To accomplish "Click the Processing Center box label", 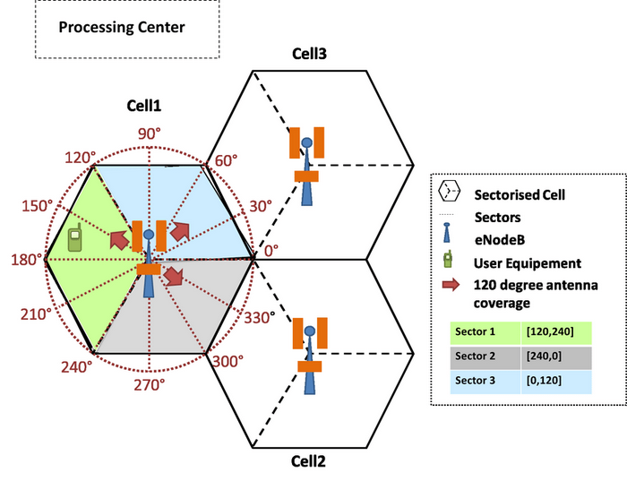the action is pos(122,27).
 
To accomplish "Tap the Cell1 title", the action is pos(143,106).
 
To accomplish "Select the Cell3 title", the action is pos(309,54).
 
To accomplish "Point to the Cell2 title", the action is pos(308,461).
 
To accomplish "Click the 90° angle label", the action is pos(150,133).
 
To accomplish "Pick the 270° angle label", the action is pos(150,385).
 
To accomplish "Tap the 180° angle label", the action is pos(26,260).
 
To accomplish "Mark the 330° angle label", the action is pos(260,318).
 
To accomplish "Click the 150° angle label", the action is pos(38,206).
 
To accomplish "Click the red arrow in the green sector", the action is pos(119,240).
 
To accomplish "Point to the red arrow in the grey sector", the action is pos(174,276).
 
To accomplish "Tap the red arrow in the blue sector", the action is pos(180,231).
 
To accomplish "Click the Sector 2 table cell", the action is pos(485,356).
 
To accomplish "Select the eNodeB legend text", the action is pos(500,240).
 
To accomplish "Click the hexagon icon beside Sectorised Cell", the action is pos(449,191).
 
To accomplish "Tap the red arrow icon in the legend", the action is pos(451,285).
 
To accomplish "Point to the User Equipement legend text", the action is pos(528,263).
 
